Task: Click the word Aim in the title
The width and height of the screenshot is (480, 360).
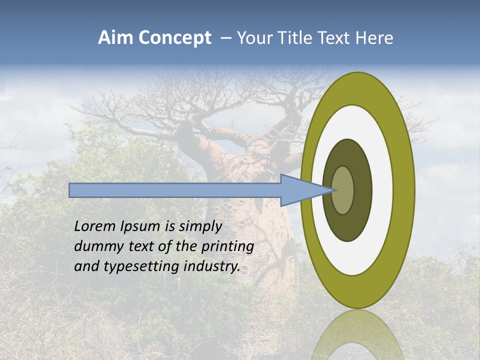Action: [x=115, y=38]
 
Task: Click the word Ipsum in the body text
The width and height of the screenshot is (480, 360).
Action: [x=141, y=227]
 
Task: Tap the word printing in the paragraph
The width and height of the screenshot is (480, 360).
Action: [x=227, y=246]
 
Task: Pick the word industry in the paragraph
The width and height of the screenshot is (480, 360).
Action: [x=212, y=266]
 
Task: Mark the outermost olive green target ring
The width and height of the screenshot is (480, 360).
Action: [x=404, y=190]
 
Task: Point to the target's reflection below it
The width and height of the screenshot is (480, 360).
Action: [x=358, y=335]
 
